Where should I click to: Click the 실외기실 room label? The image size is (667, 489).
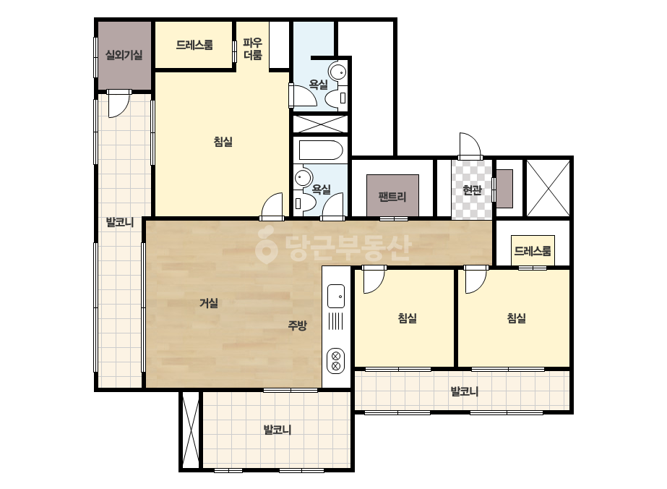(x=124, y=55)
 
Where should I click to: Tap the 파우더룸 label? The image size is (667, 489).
(x=253, y=49)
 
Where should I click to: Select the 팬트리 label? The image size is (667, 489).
(x=392, y=197)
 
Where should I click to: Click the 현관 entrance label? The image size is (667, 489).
(x=472, y=190)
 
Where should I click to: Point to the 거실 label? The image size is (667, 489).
(x=209, y=303)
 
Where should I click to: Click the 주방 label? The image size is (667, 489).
(x=297, y=326)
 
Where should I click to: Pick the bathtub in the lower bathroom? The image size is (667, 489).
(x=321, y=150)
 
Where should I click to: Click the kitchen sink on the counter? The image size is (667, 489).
(x=335, y=296)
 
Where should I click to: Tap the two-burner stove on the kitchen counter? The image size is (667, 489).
(x=335, y=361)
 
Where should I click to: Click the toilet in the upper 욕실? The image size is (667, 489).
(x=337, y=98)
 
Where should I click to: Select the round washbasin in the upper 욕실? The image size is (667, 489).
(x=337, y=72)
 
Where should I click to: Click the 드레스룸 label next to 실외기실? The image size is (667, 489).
(x=194, y=45)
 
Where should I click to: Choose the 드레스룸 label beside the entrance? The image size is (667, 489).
(x=533, y=251)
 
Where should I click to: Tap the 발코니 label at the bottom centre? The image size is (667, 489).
(x=277, y=430)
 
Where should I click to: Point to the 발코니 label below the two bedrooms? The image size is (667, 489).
(x=465, y=391)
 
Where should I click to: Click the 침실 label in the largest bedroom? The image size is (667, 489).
(x=223, y=141)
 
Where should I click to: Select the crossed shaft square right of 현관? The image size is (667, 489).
(x=548, y=188)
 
